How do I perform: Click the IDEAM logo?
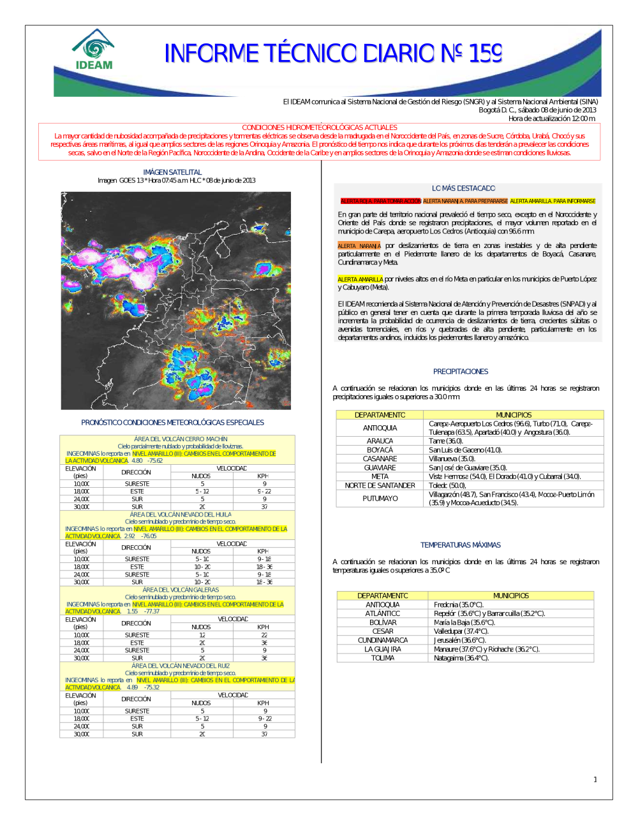click(x=94, y=50)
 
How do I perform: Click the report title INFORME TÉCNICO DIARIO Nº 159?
click(x=333, y=54)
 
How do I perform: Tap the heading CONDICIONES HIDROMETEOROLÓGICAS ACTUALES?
click(x=319, y=128)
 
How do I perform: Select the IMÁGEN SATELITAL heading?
click(x=172, y=172)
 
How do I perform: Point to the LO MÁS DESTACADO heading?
click(x=463, y=188)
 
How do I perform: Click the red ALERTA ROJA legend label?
click(x=381, y=201)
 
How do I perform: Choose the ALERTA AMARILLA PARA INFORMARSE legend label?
click(x=553, y=201)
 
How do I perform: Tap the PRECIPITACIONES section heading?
click(x=461, y=371)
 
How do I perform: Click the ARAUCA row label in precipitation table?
click(x=380, y=441)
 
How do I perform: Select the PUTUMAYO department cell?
click(x=380, y=499)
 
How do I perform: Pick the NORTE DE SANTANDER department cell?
click(x=380, y=485)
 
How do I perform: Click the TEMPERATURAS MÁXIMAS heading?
click(x=461, y=545)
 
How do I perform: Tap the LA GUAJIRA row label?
click(x=383, y=649)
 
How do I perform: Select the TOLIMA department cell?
click(x=383, y=658)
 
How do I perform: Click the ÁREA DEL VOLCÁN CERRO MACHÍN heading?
click(x=181, y=439)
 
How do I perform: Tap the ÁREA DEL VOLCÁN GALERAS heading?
click(x=181, y=590)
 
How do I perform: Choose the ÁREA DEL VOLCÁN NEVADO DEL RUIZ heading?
click(x=181, y=666)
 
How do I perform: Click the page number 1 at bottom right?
click(x=595, y=779)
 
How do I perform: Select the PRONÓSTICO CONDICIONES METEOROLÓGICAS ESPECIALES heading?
click(x=172, y=422)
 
